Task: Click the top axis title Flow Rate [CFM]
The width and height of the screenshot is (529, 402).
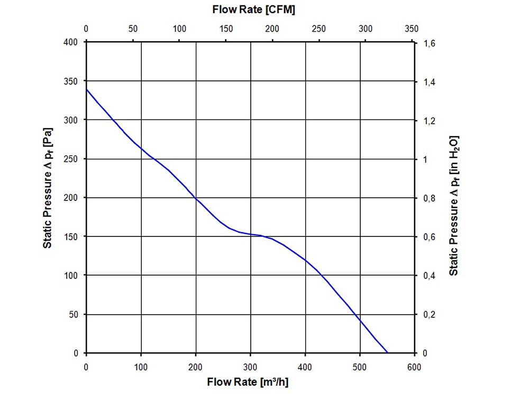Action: tap(253, 10)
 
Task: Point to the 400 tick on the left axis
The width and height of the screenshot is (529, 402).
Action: tap(71, 42)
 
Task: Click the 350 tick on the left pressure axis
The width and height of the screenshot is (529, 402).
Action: tap(71, 81)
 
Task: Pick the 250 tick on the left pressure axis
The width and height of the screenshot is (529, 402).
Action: tap(71, 159)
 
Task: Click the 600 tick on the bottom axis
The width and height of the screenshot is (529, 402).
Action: tap(415, 367)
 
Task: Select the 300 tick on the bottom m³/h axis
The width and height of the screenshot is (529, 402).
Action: tap(251, 367)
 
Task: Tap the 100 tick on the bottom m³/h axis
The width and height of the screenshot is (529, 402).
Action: tap(141, 367)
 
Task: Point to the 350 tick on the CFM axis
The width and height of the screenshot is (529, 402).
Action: tap(411, 29)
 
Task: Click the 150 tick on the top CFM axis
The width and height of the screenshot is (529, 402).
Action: tap(226, 29)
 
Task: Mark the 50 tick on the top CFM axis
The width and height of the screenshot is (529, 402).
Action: tap(133, 29)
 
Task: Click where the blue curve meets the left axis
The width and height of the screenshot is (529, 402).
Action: tap(87, 89)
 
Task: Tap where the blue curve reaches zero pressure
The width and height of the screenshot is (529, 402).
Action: tap(388, 353)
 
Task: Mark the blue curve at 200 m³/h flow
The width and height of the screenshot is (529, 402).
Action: tap(196, 199)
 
